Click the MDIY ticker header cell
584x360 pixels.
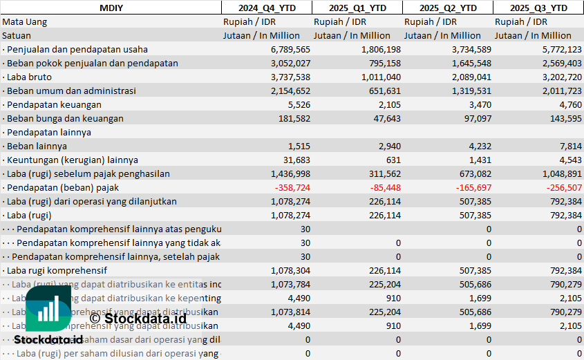coord(111,8)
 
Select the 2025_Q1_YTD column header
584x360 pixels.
coord(357,8)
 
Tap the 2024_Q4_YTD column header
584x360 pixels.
coord(266,8)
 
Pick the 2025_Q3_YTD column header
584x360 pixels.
coord(538,8)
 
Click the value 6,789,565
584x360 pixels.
coord(290,49)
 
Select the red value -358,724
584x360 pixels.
coord(292,187)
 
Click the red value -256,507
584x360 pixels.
coord(563,187)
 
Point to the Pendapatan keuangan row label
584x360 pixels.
coord(53,104)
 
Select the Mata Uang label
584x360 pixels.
coord(24,21)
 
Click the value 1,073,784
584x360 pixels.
coord(290,284)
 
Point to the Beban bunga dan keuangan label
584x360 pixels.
coord(64,118)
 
